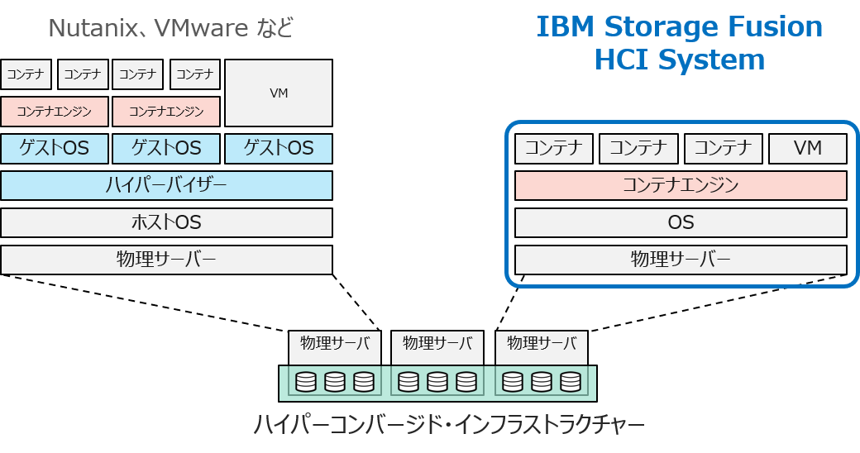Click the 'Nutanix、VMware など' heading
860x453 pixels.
[171, 29]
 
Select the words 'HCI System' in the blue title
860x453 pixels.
[680, 60]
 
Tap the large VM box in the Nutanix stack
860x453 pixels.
[279, 93]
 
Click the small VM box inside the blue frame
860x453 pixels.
[807, 149]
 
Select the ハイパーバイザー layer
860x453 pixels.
[166, 186]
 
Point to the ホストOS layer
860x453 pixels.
[166, 222]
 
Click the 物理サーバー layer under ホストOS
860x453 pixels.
[166, 260]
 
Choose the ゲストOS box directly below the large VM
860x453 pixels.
[279, 149]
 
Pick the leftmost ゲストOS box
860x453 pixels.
[54, 149]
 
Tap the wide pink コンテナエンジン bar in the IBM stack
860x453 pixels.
[681, 186]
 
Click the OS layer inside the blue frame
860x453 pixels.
[681, 222]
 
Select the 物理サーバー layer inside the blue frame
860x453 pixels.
[681, 260]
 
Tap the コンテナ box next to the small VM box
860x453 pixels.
[723, 149]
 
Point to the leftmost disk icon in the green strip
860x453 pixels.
[306, 382]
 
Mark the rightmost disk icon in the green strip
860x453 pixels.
[570, 382]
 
